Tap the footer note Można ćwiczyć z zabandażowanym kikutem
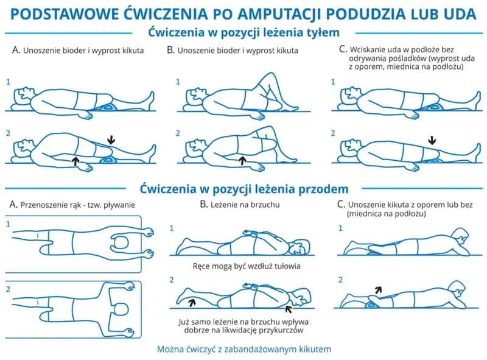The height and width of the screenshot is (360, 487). (x=243, y=349)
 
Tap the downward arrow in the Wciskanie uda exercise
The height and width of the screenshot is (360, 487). (x=432, y=140)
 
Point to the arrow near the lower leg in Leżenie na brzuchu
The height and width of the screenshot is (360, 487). (x=192, y=300)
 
